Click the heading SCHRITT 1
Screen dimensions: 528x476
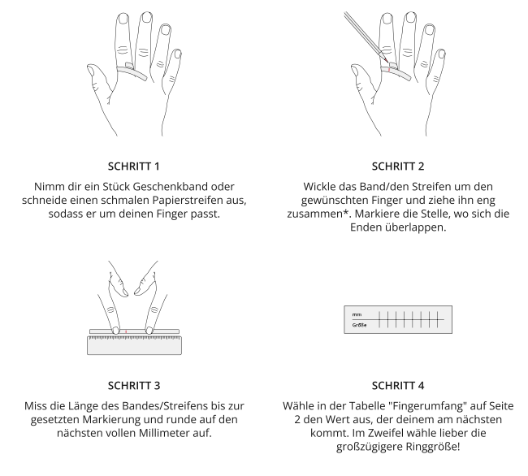tap(134, 167)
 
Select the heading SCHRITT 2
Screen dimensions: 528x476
tap(398, 167)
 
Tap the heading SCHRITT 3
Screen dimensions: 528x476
tap(134, 386)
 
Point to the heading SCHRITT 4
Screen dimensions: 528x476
tap(398, 386)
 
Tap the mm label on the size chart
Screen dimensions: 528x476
tap(357, 314)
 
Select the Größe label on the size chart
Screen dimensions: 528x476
tap(359, 325)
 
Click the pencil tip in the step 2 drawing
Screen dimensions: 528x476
tap(387, 62)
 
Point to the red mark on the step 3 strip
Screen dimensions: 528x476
tap(126, 331)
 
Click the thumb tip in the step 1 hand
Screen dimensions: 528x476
tap(90, 69)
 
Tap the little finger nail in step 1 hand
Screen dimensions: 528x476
tap(177, 54)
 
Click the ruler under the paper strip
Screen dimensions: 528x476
tap(134, 345)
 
